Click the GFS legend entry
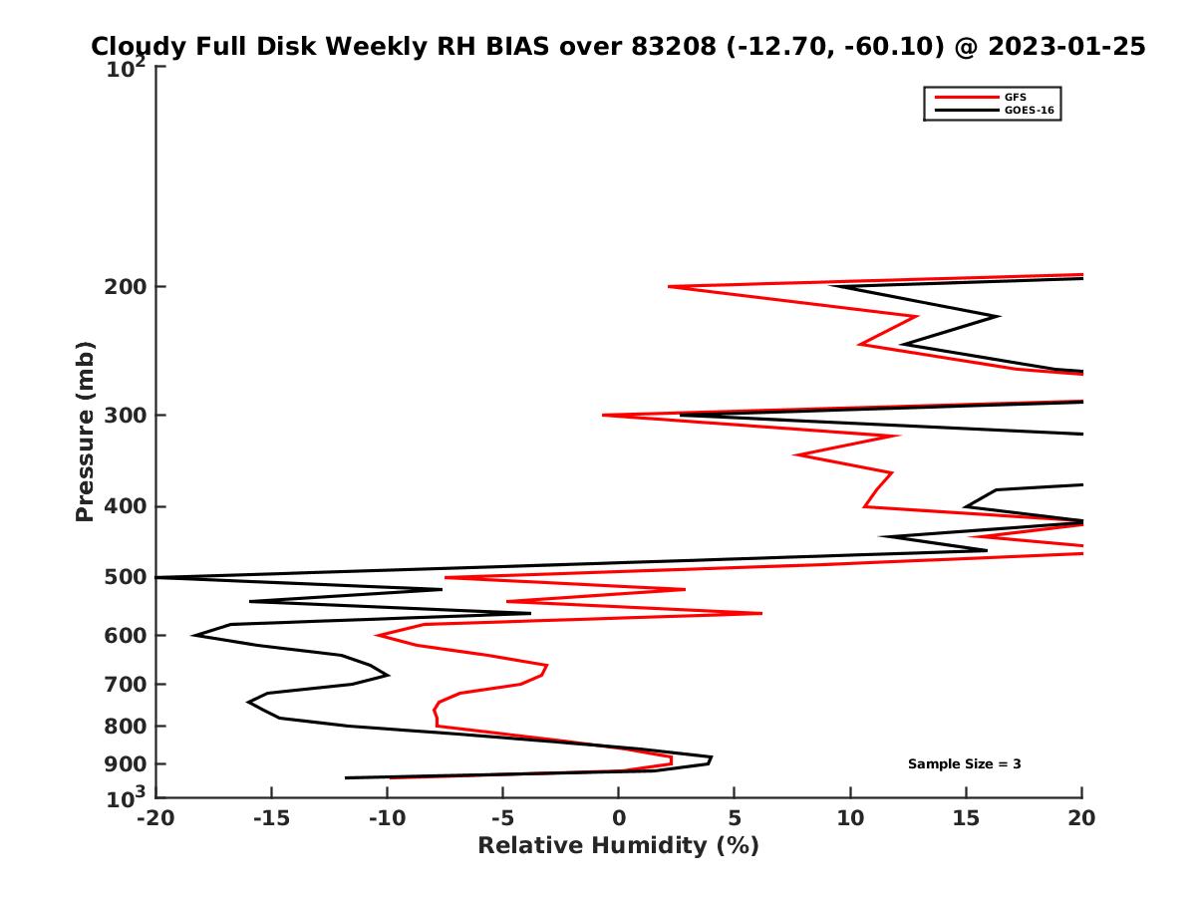(1016, 98)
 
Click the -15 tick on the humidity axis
(271, 819)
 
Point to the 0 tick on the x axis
(619, 819)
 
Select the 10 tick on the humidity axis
(850, 819)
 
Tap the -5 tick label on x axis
(502, 819)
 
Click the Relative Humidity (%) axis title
(618, 846)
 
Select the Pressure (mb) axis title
(85, 432)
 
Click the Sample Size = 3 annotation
(964, 764)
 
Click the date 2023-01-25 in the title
(1063, 47)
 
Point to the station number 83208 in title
(670, 47)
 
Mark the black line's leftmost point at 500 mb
(157, 577)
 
